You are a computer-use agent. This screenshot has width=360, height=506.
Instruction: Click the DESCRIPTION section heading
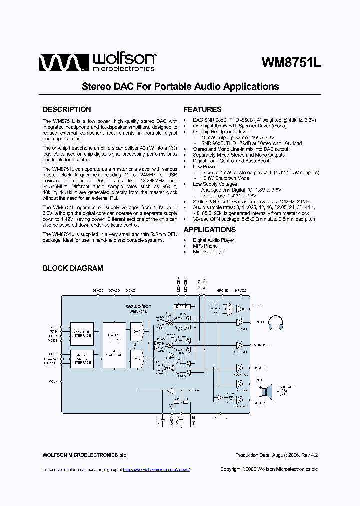tap(67, 109)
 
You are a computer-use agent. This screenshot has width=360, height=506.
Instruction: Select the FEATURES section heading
tap(202, 109)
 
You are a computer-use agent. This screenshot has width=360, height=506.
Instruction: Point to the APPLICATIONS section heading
tap(210, 230)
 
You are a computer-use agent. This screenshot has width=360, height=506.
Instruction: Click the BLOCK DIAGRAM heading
tap(73, 268)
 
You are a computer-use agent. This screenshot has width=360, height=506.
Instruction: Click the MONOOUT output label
tap(261, 345)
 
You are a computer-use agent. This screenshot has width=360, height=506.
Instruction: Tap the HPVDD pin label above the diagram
tap(241, 290)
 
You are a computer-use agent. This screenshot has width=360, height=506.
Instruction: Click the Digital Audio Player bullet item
tap(213, 240)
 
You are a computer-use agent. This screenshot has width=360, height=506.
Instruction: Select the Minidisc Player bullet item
tap(208, 252)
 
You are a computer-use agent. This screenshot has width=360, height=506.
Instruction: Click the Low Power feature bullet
tap(204, 167)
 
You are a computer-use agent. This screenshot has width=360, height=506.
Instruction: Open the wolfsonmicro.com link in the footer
tap(156, 470)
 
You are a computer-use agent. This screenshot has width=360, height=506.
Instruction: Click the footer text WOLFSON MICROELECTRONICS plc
tap(84, 455)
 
